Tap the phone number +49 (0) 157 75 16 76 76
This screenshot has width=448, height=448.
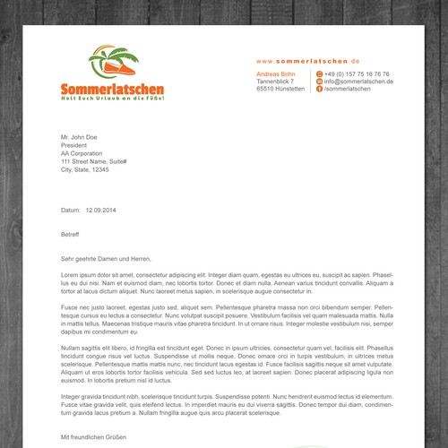(x=357, y=73)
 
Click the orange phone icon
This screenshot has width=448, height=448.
(x=319, y=73)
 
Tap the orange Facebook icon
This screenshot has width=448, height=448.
(x=319, y=90)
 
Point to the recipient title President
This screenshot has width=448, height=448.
(x=75, y=145)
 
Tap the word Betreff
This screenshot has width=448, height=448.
(x=70, y=234)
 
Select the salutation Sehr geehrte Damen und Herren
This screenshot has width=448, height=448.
(x=113, y=257)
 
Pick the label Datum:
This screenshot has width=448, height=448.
(x=71, y=210)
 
